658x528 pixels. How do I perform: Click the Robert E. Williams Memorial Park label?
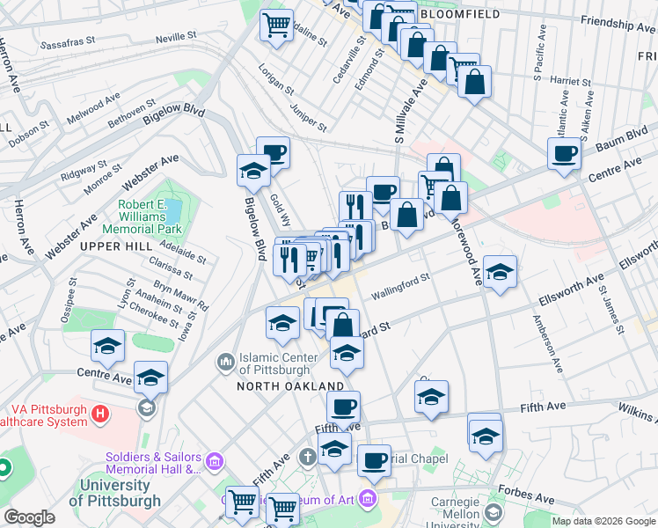[x=150, y=220]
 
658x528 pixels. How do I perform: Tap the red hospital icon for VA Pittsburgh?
[x=101, y=412]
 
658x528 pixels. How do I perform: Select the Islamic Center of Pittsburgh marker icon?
[x=226, y=361]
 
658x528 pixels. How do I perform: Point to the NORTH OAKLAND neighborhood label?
[x=289, y=386]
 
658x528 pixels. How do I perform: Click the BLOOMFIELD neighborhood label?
[x=461, y=15]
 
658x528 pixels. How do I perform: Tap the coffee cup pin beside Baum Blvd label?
[x=563, y=154]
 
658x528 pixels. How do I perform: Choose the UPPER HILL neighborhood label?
[x=116, y=247]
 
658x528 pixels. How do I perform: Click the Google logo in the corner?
[x=28, y=517]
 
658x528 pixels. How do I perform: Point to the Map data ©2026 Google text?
[x=603, y=521]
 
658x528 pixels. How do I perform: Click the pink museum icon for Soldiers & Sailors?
[x=213, y=461]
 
